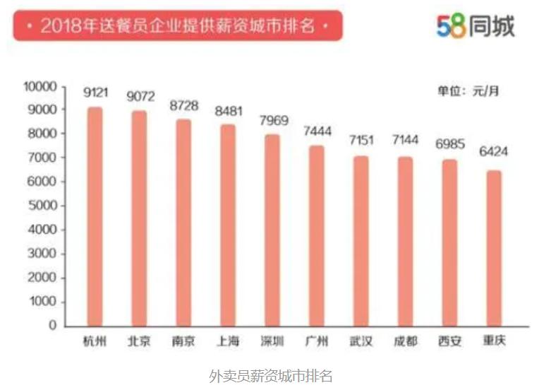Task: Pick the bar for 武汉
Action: tap(361, 241)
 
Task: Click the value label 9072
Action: tap(140, 96)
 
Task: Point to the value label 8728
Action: tap(184, 105)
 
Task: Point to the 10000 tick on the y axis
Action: tap(40, 86)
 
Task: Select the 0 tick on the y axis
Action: tap(52, 326)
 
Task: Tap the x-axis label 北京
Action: tap(139, 341)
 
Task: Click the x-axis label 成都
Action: tap(405, 341)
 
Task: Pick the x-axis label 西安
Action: tap(449, 341)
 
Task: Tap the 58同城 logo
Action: tap(475, 26)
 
